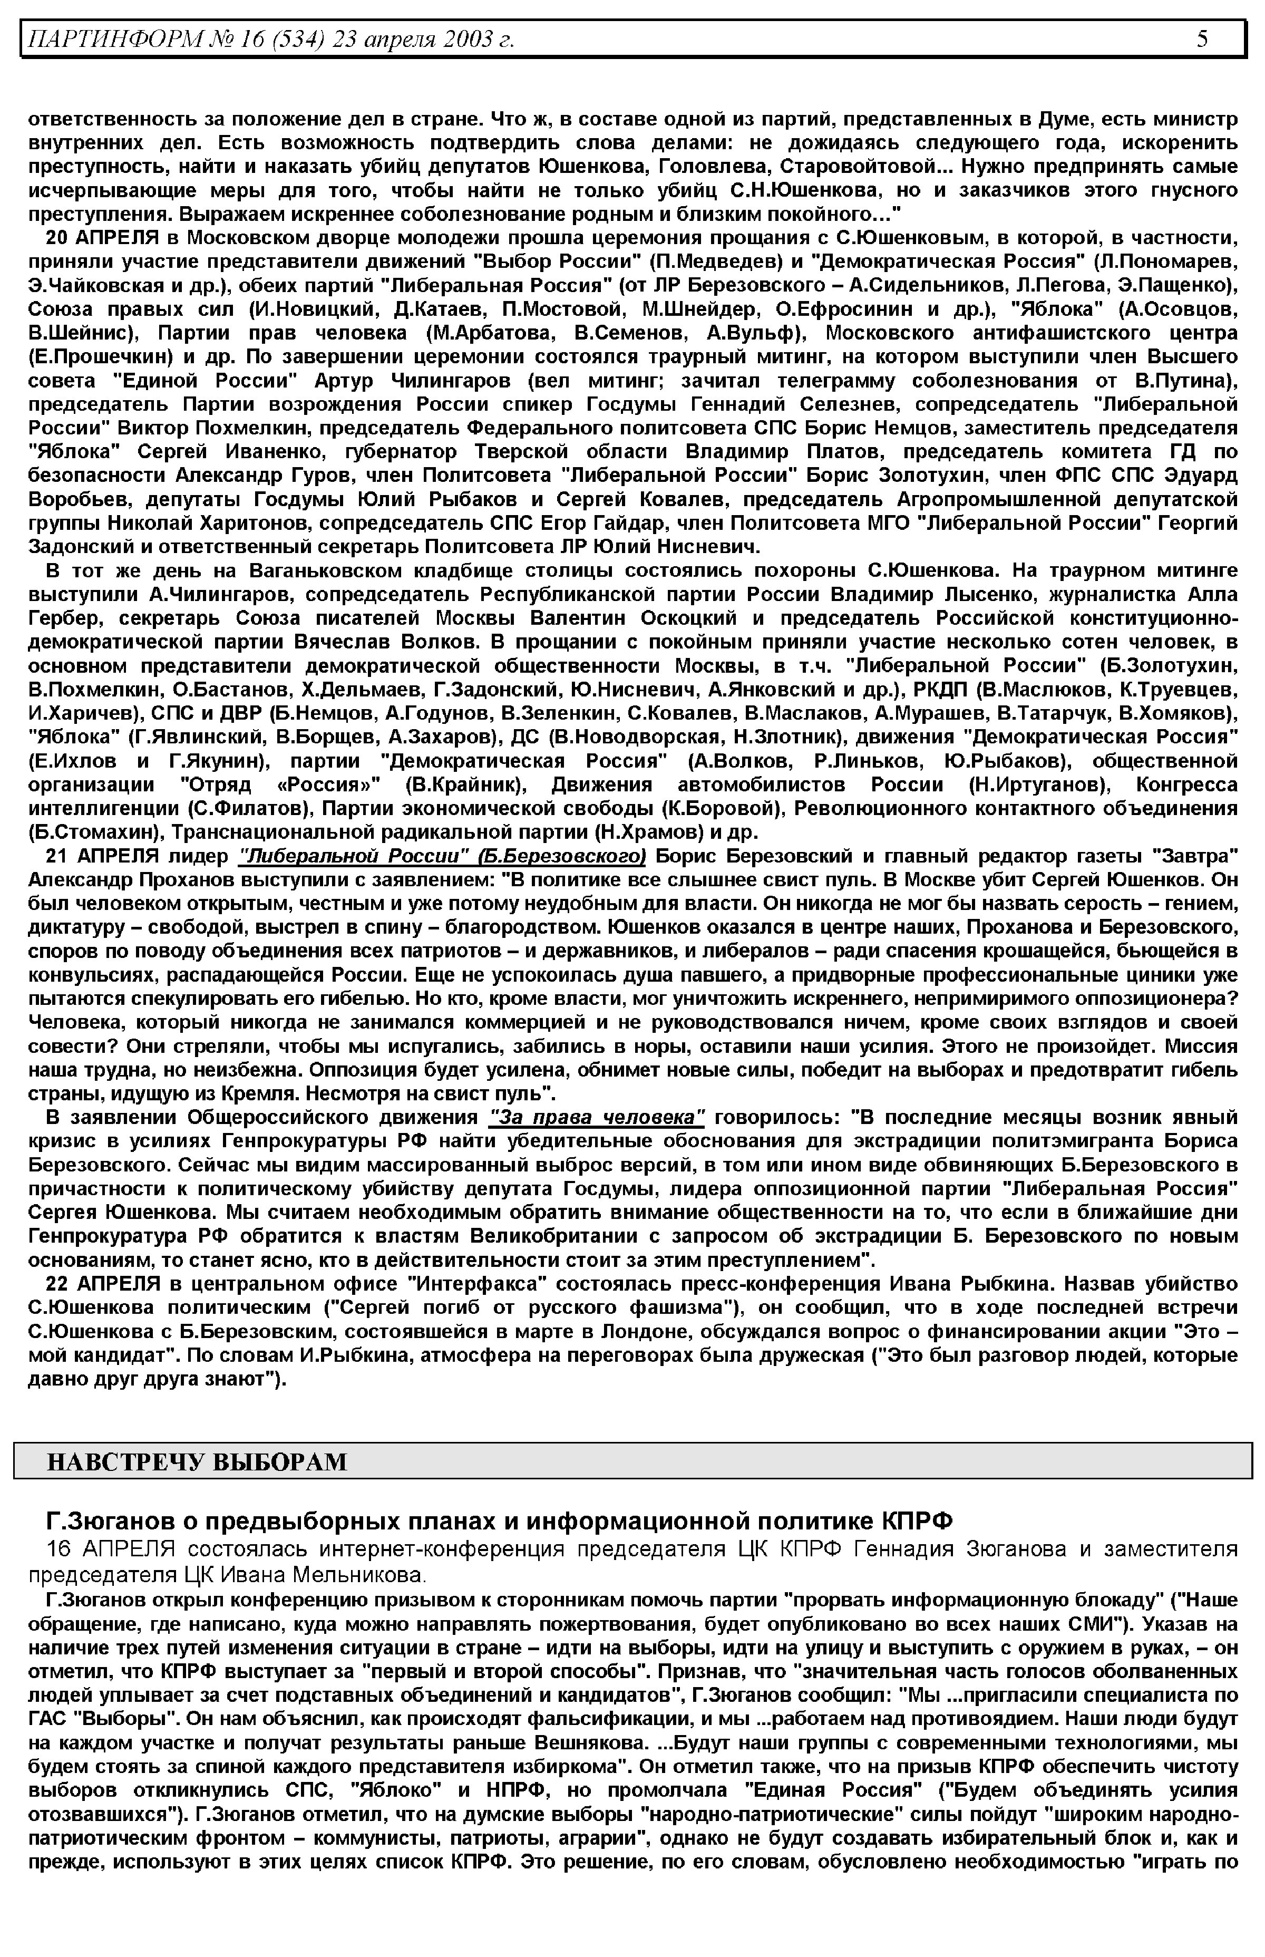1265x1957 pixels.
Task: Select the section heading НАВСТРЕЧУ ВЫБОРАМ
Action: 197,1461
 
